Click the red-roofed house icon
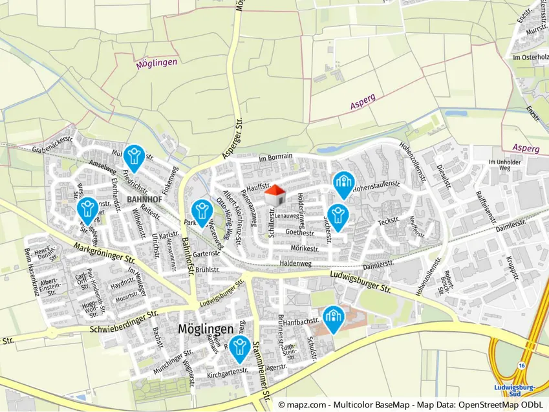[275, 195]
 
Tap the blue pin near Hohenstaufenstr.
[343, 184]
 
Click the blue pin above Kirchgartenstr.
[239, 347]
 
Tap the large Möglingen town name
[205, 329]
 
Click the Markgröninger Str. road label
[104, 252]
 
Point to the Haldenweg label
[296, 263]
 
